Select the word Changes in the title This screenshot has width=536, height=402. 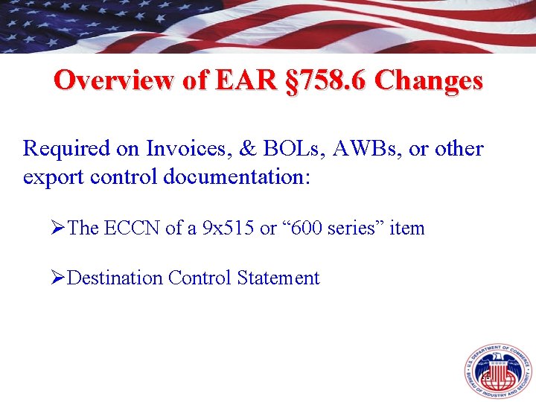click(428, 80)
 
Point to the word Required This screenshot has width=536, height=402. click(66, 149)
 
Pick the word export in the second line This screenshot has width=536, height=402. click(50, 179)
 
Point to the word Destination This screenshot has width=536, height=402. click(115, 278)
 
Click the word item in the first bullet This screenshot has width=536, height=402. click(407, 229)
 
